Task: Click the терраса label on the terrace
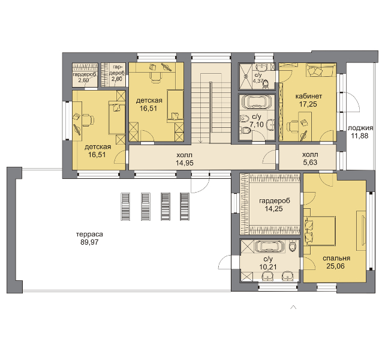coord(89,234)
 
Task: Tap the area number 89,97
coord(89,242)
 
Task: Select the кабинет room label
coord(308,96)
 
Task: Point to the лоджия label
coord(360,128)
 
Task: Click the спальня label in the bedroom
coord(336,258)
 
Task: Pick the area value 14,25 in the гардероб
coord(274,209)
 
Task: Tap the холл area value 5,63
coord(310,163)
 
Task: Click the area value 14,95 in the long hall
coord(184,163)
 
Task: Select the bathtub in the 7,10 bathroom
coord(257,102)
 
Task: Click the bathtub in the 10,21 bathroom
coord(270,247)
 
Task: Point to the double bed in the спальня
coord(319,231)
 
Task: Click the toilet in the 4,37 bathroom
coord(266,85)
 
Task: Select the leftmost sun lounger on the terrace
coord(125,206)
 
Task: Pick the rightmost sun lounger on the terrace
coord(184,206)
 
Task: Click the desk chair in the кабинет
coord(293,127)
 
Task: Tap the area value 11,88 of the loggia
coord(359,136)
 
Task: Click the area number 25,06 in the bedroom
coord(335,266)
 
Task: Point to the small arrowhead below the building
coord(293,307)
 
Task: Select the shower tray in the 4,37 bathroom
coord(245,76)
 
